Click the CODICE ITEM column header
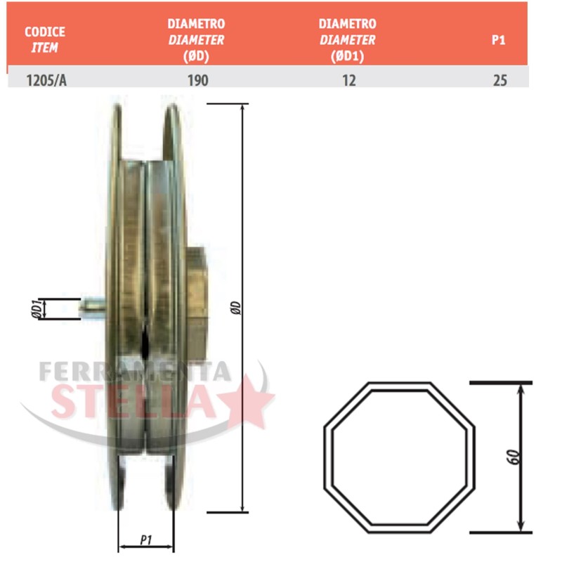pyautogui.click(x=45, y=39)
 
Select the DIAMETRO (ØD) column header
pyautogui.click(x=196, y=39)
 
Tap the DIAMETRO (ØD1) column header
pyautogui.click(x=347, y=39)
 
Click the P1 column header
pyautogui.click(x=498, y=40)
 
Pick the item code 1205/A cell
pyautogui.click(x=46, y=80)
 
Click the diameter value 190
pyautogui.click(x=198, y=80)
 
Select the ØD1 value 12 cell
pyautogui.click(x=349, y=80)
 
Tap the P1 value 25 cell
pyautogui.click(x=500, y=80)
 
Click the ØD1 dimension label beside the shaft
pyautogui.click(x=37, y=308)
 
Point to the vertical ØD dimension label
pyautogui.click(x=236, y=308)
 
